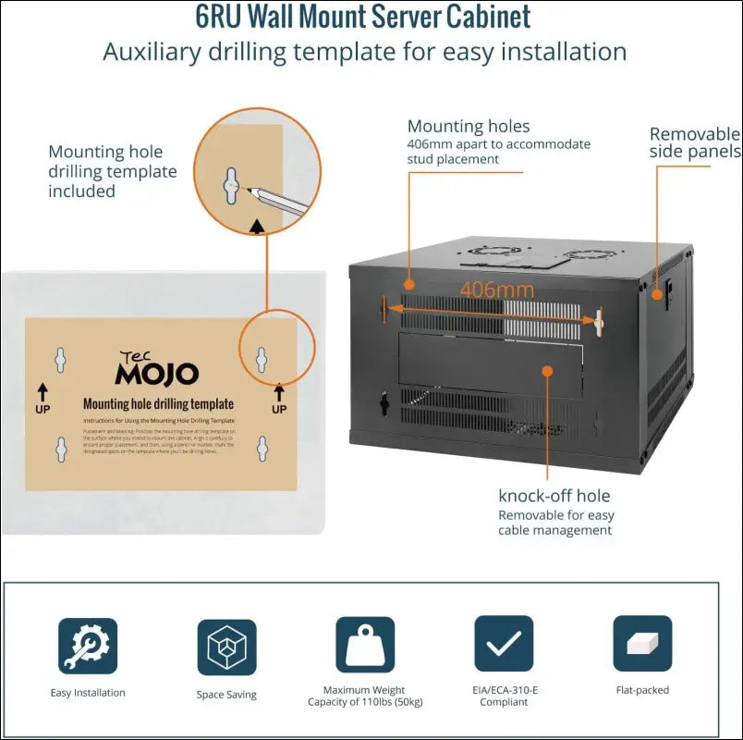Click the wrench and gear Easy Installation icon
coord(88,645)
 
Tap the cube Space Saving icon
coord(226,647)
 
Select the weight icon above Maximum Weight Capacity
coord(365,645)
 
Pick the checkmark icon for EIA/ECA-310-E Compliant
coord(504,644)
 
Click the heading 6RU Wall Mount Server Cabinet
coord(363,17)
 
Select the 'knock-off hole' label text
coord(554,496)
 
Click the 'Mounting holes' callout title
coord(469,127)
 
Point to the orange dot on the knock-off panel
coord(547,370)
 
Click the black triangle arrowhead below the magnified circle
coord(257,225)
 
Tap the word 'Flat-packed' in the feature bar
coord(642,690)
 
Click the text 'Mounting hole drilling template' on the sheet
coord(158,404)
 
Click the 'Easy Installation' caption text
coord(88,693)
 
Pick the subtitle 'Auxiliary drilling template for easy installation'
coord(364,52)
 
